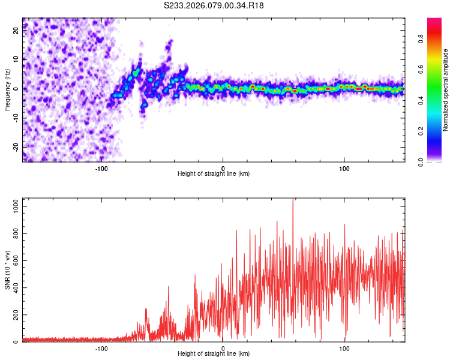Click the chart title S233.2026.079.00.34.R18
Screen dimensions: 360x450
214,5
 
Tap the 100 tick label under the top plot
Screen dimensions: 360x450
344,168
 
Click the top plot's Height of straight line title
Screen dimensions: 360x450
214,174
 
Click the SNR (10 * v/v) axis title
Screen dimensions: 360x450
7,271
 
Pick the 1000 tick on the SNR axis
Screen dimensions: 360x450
13,206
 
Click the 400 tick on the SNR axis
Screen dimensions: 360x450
14,288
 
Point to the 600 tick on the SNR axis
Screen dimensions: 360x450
14,261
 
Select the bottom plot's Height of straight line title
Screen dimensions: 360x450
214,354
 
